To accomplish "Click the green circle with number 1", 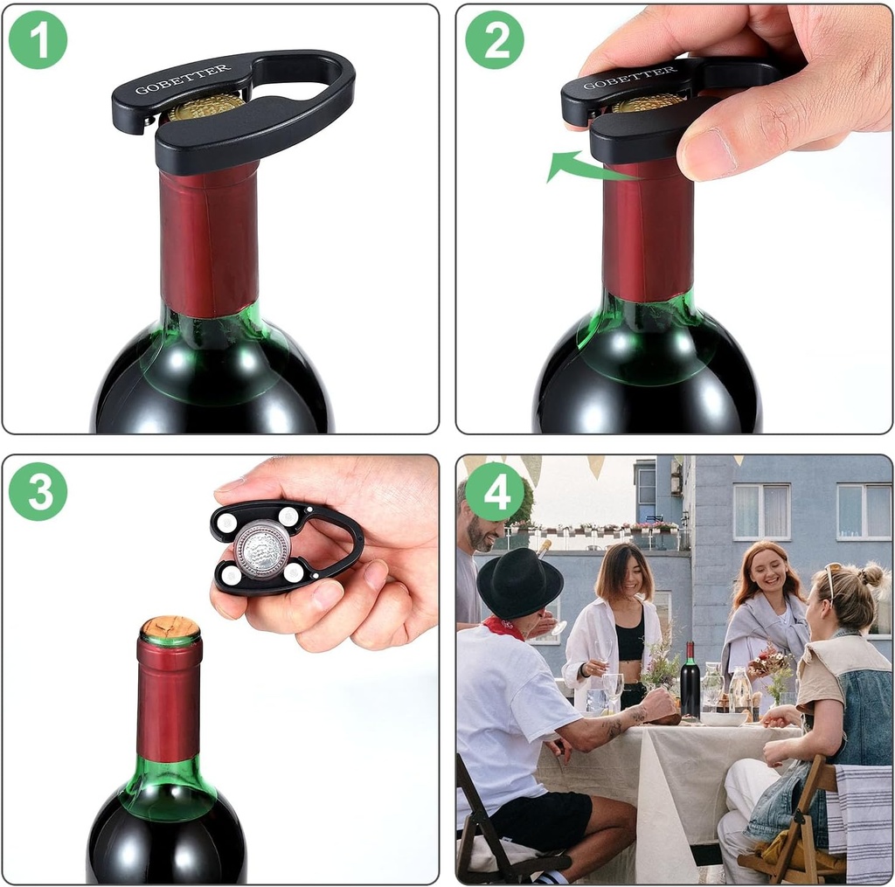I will [38, 39].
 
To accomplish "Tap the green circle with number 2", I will [494, 39].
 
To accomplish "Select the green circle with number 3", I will [38, 491].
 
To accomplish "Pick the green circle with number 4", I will [494, 491].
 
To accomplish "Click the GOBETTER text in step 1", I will [183, 79].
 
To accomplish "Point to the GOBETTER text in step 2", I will [629, 78].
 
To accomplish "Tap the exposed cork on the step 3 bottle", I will [170, 627].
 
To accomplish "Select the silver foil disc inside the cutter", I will [261, 549].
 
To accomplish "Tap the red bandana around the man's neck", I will [504, 627].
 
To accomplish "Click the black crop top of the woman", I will [629, 643].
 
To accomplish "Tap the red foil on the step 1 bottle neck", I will [209, 240].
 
